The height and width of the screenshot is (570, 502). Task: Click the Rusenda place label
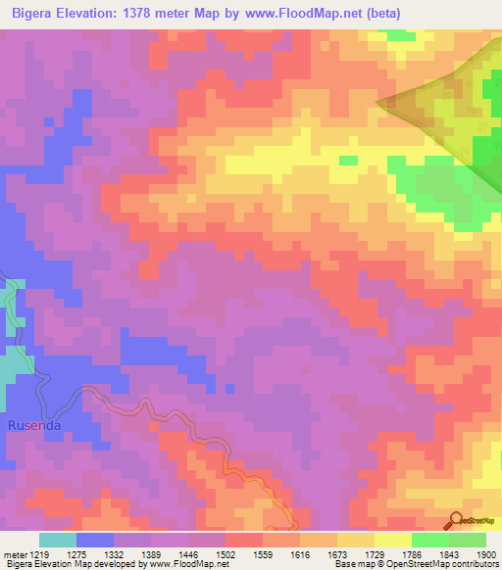[34, 426]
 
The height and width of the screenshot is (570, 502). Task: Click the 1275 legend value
[95, 553]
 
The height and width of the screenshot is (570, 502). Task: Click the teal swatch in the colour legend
[58, 540]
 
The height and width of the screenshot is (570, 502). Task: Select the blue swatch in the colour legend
[95, 540]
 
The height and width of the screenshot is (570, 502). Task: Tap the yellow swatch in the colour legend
[393, 540]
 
